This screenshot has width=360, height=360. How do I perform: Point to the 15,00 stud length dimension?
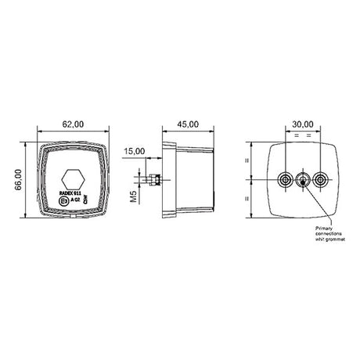click(135, 150)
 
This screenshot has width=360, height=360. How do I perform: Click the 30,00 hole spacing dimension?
click(302, 123)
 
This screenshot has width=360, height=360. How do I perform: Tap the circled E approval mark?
click(64, 201)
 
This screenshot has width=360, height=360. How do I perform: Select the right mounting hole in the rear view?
click(319, 180)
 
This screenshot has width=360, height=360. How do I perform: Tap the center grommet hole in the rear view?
click(302, 180)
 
